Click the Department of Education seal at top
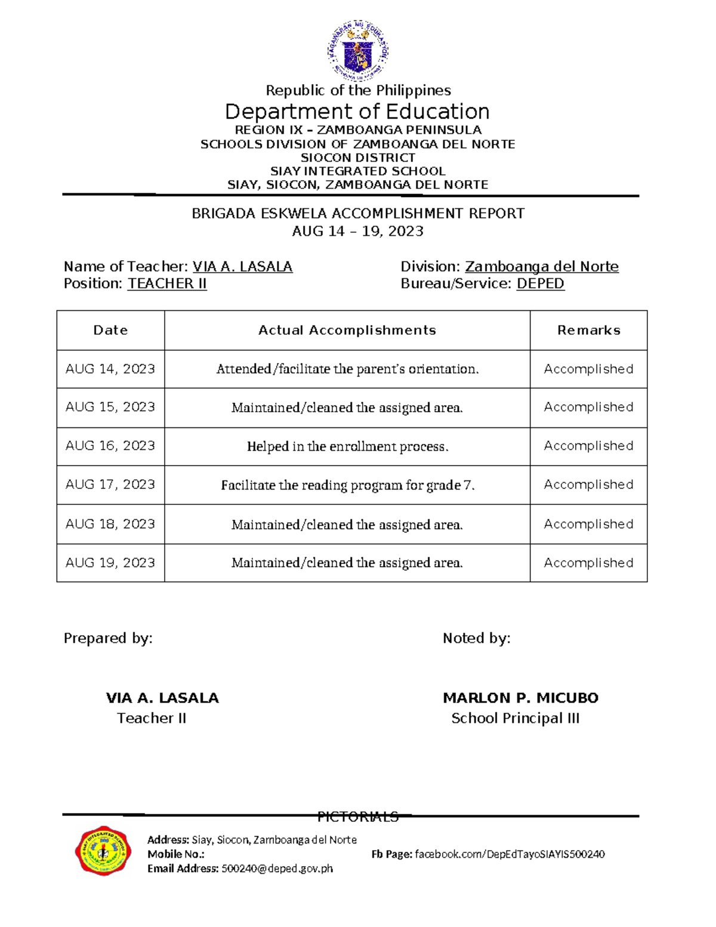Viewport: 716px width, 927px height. (x=357, y=50)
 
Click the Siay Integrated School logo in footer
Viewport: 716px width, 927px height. (x=103, y=851)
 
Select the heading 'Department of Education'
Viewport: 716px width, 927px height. (x=357, y=112)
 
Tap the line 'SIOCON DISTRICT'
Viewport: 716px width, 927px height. (x=357, y=158)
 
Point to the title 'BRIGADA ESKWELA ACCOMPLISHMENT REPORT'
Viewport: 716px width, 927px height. (x=357, y=214)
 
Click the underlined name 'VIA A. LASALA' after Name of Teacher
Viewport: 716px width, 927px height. (x=242, y=267)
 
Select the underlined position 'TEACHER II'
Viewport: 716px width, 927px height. (x=167, y=284)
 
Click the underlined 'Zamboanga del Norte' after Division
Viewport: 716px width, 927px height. (x=541, y=267)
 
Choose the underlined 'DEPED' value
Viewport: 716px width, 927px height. (x=540, y=284)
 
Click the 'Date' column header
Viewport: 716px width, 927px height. (x=110, y=330)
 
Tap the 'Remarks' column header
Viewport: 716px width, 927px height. (x=588, y=330)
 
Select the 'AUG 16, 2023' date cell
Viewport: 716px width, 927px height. (x=110, y=446)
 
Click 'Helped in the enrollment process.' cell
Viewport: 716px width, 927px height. (x=347, y=446)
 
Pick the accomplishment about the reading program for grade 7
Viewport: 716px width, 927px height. (x=347, y=485)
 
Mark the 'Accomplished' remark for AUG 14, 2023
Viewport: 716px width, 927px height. (x=588, y=369)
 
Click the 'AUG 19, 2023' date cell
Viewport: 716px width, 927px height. (x=110, y=563)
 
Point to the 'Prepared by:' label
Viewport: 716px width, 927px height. (x=108, y=638)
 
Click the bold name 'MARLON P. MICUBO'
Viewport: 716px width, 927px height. (x=520, y=698)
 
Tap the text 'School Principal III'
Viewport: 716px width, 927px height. (x=515, y=718)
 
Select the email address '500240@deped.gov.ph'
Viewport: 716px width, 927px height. (x=277, y=869)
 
